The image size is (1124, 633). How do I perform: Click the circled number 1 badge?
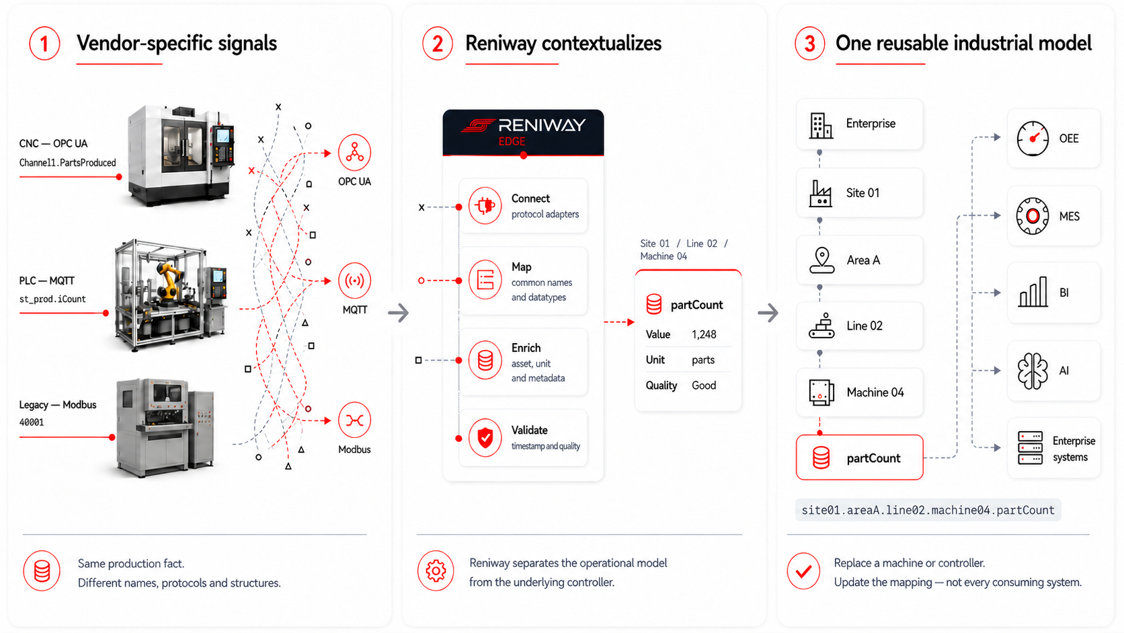44,44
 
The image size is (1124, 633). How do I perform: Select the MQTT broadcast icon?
355,280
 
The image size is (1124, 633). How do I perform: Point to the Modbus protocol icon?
355,420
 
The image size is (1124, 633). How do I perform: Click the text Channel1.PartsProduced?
68,163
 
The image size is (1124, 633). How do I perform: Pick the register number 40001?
32,422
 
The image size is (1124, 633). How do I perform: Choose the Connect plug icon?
485,206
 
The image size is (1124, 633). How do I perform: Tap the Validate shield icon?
485,438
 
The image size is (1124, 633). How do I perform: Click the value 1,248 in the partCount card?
704,334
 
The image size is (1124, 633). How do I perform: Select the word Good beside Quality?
704,385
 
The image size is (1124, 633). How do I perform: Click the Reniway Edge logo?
524,132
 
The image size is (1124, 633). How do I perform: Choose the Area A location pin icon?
822,260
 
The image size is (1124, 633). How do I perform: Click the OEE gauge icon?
1033,139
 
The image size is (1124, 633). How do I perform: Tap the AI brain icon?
1033,371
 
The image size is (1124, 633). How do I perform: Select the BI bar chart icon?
1033,292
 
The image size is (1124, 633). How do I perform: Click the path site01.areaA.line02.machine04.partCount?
928,510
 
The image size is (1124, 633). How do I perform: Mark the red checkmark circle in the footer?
803,571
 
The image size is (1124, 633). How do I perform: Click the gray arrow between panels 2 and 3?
768,313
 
